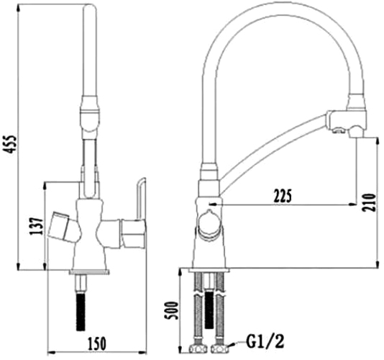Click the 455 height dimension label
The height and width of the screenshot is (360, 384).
[x=11, y=144]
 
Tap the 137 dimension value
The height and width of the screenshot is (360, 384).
[x=36, y=226]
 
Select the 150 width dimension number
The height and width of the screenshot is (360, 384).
[x=97, y=343]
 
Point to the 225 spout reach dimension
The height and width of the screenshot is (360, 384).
[x=283, y=196]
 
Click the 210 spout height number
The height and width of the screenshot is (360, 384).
[x=369, y=202]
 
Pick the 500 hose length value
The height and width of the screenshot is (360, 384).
[x=171, y=310]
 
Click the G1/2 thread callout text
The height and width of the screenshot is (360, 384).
[x=265, y=341]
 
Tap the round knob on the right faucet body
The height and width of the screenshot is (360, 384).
[x=209, y=224]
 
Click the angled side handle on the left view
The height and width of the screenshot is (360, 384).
[x=64, y=227]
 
